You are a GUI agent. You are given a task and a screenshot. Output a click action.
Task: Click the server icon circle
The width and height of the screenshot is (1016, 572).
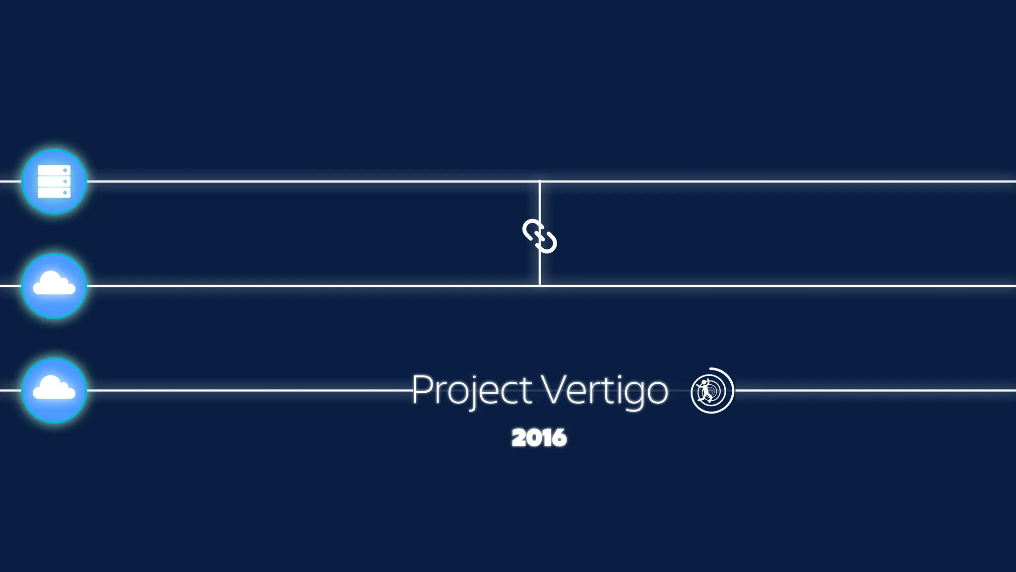(x=54, y=181)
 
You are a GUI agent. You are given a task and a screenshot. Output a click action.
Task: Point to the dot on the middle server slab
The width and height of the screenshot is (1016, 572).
(x=65, y=182)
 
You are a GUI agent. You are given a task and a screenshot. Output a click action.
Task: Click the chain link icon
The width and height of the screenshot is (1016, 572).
(x=540, y=236)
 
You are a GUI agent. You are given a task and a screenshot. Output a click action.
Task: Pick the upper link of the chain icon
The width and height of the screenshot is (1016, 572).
(x=531, y=230)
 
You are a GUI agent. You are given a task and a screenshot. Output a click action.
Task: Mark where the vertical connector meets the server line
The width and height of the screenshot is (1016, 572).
(x=540, y=181)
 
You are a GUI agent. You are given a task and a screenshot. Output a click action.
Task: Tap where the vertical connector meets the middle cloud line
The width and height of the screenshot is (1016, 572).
(x=540, y=286)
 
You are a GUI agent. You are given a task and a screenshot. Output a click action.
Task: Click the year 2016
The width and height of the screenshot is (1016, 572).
(x=539, y=438)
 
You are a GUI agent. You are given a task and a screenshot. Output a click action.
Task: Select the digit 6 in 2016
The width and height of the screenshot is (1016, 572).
(x=559, y=438)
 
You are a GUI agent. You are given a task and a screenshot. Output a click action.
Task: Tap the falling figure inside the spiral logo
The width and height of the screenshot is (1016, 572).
(x=704, y=390)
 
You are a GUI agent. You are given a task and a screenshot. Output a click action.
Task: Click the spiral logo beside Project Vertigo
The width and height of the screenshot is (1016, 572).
(x=712, y=390)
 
